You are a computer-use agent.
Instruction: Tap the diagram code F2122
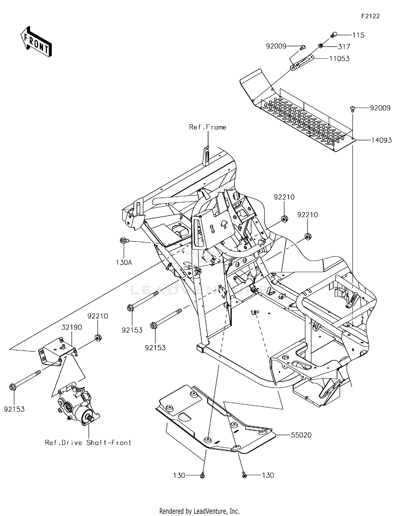click(371, 16)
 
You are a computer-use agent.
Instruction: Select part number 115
click(358, 35)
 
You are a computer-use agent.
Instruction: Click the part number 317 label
click(344, 47)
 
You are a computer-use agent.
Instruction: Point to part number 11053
click(339, 59)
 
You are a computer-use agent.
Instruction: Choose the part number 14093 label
click(381, 140)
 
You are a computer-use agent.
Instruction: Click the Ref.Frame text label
click(207, 127)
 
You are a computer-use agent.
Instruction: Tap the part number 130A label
click(124, 263)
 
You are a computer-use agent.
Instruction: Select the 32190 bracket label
click(72, 327)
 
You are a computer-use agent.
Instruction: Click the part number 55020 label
click(301, 435)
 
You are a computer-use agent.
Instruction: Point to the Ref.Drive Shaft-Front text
click(88, 443)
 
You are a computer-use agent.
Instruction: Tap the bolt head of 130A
click(123, 240)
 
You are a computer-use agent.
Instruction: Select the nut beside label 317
click(321, 46)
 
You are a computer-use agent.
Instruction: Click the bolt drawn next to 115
click(334, 34)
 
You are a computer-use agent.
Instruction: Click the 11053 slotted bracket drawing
click(302, 62)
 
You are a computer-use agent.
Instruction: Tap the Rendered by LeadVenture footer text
click(199, 511)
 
